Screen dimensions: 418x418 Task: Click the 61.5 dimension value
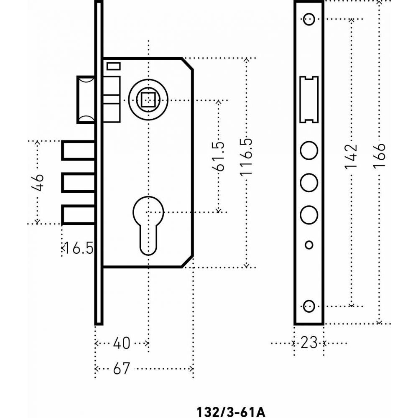218,156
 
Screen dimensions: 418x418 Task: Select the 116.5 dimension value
246,157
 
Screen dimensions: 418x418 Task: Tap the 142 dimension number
351,157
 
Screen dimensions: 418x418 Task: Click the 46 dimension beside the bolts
37,183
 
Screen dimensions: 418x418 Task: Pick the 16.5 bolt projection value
79,248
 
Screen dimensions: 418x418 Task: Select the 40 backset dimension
122,343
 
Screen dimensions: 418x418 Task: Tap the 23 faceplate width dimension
309,343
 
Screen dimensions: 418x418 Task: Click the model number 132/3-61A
231,412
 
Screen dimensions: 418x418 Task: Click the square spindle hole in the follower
148,100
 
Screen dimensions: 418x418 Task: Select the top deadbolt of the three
78,150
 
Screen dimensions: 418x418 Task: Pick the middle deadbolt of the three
78,183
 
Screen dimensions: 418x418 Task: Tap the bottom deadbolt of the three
78,214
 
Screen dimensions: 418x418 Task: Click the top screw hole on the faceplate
309,19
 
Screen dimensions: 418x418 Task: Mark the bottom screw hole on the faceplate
309,306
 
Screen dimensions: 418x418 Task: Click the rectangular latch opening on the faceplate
309,99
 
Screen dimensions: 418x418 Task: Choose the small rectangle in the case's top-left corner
114,66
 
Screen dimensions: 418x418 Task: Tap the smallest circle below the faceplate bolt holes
309,245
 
